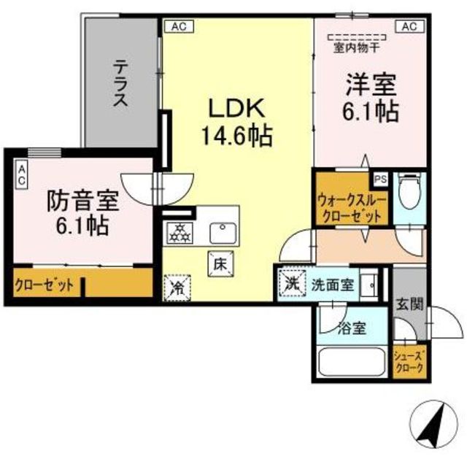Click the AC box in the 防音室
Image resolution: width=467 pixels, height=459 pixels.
pos(22,174)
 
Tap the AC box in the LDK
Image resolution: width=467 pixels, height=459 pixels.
pos(180,26)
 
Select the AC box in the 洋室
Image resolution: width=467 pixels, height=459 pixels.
pos(409,26)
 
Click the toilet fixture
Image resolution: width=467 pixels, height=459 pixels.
pos(409,192)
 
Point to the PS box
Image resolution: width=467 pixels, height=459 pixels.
pos(381,180)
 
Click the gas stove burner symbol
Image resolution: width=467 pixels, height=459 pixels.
pos(180,233)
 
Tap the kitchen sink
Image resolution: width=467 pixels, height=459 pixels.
pos(223,233)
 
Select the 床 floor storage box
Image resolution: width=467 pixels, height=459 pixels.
pos(220,264)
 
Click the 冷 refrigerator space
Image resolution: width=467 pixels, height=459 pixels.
pos(177,288)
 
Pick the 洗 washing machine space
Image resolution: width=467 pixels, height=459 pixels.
pos(292,283)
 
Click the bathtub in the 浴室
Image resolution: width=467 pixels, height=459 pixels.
pos(352,363)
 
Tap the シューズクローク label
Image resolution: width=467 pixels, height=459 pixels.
pos(409,362)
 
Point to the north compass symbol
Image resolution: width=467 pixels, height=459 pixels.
pos(433,424)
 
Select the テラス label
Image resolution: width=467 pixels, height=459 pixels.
pos(120,82)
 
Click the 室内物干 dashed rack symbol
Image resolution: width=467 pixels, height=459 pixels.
pos(357,37)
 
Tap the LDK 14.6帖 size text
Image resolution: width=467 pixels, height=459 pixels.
pos(237,136)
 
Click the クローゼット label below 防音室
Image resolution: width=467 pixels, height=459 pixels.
pos(45,285)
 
